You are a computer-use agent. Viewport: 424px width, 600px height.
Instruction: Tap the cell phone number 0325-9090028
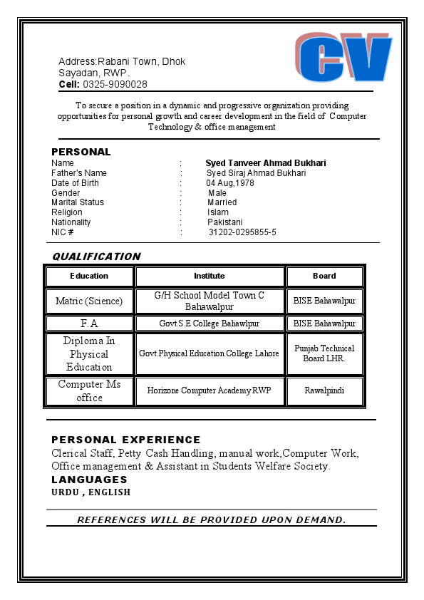pos(115,84)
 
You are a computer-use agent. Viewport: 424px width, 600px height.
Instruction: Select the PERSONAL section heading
pos(81,152)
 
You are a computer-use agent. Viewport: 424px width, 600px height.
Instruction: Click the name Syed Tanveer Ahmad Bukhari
pos(266,163)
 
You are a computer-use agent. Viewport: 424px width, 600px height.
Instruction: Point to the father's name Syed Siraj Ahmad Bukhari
pos(257,173)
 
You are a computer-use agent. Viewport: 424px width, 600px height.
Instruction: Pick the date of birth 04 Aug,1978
pos(230,183)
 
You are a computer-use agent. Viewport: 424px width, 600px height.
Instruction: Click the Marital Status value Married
pos(222,202)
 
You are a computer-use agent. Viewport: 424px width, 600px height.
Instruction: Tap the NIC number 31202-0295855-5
pos(242,232)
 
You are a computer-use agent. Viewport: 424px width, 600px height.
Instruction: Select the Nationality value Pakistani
pos(225,222)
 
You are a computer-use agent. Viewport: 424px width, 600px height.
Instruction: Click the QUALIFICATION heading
pos(97,257)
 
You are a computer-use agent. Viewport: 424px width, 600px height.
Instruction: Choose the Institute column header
pos(210,276)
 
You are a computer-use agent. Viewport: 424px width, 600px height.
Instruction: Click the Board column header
pos(324,276)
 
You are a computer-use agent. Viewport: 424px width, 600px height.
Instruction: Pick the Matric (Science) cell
pos(89,301)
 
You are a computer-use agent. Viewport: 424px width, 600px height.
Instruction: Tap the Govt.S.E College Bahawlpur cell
pos(210,324)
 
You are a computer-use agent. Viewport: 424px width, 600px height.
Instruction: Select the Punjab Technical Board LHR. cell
pos(324,353)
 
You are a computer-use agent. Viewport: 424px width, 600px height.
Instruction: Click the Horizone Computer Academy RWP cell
pos(210,390)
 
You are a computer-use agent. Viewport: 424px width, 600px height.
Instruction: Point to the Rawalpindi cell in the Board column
pos(324,390)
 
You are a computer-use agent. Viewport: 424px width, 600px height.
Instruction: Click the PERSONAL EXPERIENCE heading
pos(126,440)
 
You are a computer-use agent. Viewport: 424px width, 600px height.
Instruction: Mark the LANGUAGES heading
pos(89,480)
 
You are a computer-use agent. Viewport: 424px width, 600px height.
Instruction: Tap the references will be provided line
pos(212,519)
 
